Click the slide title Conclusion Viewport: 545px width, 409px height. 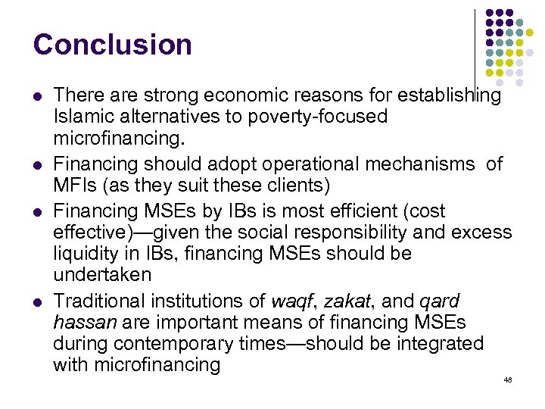(x=112, y=45)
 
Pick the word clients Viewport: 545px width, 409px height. (x=290, y=186)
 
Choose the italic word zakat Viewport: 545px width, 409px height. (x=344, y=300)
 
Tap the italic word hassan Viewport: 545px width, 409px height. (x=85, y=322)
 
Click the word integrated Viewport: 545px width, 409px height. (x=438, y=343)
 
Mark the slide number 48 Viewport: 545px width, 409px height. (x=507, y=379)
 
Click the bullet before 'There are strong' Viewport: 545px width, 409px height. (x=39, y=96)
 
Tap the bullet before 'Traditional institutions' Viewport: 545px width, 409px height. (x=39, y=301)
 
